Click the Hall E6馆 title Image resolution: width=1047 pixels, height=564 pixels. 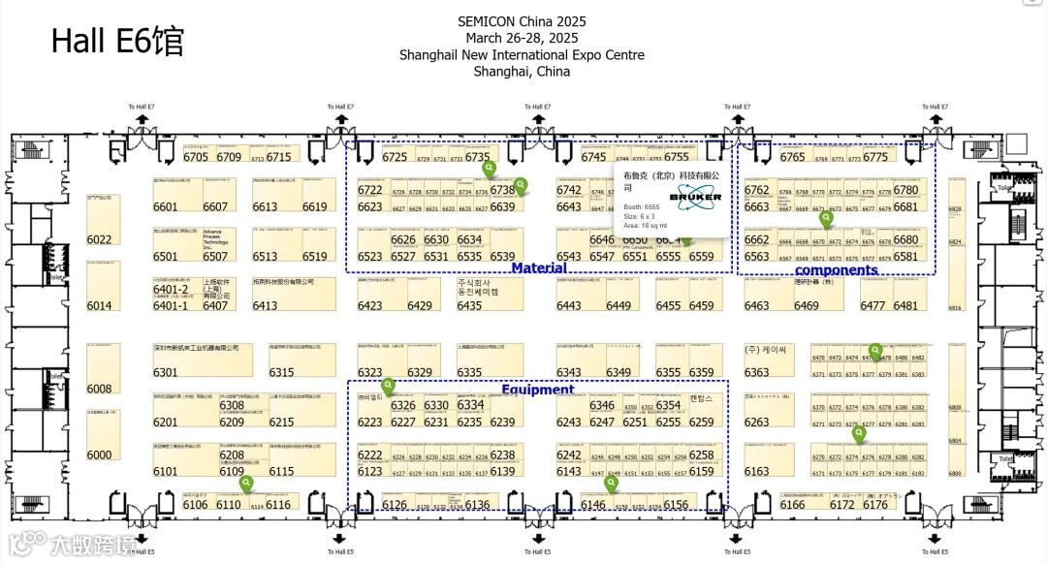116,41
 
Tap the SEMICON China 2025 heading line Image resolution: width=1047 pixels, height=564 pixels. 522,21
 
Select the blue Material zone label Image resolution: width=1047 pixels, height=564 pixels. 539,267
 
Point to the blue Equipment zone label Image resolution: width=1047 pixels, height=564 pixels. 537,390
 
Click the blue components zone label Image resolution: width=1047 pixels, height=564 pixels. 836,270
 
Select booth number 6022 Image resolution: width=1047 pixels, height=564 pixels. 99,239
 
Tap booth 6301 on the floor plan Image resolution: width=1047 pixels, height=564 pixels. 166,372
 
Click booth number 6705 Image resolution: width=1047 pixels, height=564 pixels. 196,157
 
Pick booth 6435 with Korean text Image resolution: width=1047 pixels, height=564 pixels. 469,305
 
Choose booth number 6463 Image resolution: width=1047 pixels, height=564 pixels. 756,306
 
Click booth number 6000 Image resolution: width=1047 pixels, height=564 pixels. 99,454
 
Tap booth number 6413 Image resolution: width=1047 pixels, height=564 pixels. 265,306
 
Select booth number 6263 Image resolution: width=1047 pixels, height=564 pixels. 756,422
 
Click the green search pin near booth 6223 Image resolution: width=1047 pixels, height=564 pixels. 389,385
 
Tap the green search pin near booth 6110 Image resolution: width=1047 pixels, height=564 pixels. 246,482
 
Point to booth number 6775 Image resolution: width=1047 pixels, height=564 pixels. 874,157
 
